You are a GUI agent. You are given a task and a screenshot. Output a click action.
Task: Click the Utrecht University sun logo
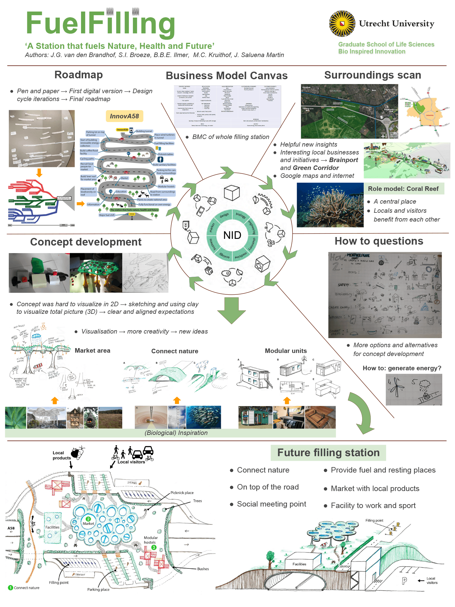(x=342, y=23)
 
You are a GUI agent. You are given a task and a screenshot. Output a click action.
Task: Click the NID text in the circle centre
(x=232, y=235)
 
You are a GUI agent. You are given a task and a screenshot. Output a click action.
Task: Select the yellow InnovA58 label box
(x=124, y=116)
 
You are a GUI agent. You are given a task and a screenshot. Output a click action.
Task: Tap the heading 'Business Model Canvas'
(x=227, y=76)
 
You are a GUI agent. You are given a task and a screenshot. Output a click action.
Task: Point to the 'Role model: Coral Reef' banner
(x=403, y=189)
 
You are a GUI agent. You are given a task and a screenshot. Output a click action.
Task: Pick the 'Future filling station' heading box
(x=328, y=453)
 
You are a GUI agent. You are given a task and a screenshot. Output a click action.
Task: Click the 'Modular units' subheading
(x=286, y=351)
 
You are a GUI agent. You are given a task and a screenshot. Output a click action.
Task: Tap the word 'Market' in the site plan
(x=88, y=524)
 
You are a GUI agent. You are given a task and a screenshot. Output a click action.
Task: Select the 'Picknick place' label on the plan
(x=182, y=493)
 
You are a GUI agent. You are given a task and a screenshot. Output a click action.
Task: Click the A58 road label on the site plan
(x=11, y=528)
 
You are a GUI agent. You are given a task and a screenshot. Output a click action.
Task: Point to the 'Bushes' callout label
(x=203, y=569)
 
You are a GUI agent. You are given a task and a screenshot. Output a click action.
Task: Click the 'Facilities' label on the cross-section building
(x=299, y=564)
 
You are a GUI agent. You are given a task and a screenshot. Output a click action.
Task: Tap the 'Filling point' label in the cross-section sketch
(x=374, y=521)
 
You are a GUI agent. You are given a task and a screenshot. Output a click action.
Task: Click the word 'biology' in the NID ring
(x=241, y=215)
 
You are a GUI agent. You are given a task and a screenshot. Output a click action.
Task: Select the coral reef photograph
(x=330, y=205)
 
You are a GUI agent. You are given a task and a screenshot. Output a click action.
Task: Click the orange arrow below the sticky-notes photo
(x=39, y=173)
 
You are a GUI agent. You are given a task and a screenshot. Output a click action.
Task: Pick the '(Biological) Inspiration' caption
(x=176, y=433)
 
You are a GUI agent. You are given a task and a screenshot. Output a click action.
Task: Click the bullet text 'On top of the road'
(x=268, y=487)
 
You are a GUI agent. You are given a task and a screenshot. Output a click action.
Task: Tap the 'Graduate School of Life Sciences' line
(x=386, y=44)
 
